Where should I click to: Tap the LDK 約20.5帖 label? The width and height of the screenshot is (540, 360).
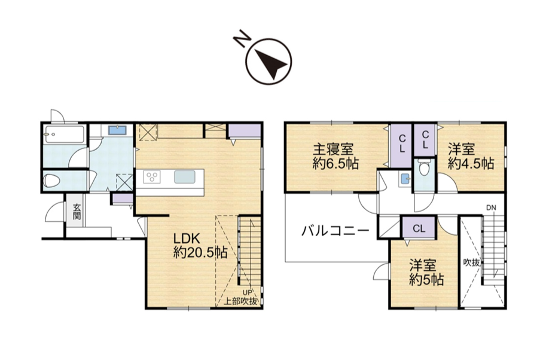pyautogui.click(x=200, y=246)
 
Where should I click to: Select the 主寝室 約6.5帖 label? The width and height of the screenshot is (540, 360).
pyautogui.click(x=335, y=157)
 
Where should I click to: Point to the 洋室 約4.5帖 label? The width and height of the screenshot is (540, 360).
pyautogui.click(x=471, y=157)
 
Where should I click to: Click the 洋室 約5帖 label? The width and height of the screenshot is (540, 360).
pyautogui.click(x=426, y=273)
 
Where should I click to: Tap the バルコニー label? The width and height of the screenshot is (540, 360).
pyautogui.click(x=335, y=230)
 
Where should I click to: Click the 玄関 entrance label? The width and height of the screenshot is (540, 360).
pyautogui.click(x=77, y=212)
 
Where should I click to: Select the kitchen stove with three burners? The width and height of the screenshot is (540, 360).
pyautogui.click(x=152, y=178)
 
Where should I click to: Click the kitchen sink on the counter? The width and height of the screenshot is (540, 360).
pyautogui.click(x=185, y=178)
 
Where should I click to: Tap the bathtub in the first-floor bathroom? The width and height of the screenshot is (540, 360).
pyautogui.click(x=65, y=135)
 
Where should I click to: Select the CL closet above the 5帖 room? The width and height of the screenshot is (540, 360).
pyautogui.click(x=419, y=228)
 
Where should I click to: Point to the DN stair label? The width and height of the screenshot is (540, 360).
pyautogui.click(x=491, y=208)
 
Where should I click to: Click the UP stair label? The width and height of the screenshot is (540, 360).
pyautogui.click(x=248, y=292)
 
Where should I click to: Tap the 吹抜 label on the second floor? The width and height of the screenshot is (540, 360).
pyautogui.click(x=471, y=263)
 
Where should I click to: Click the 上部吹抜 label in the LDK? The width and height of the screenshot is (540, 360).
pyautogui.click(x=241, y=301)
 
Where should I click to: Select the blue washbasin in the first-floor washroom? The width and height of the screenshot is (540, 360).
pyautogui.click(x=117, y=130)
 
